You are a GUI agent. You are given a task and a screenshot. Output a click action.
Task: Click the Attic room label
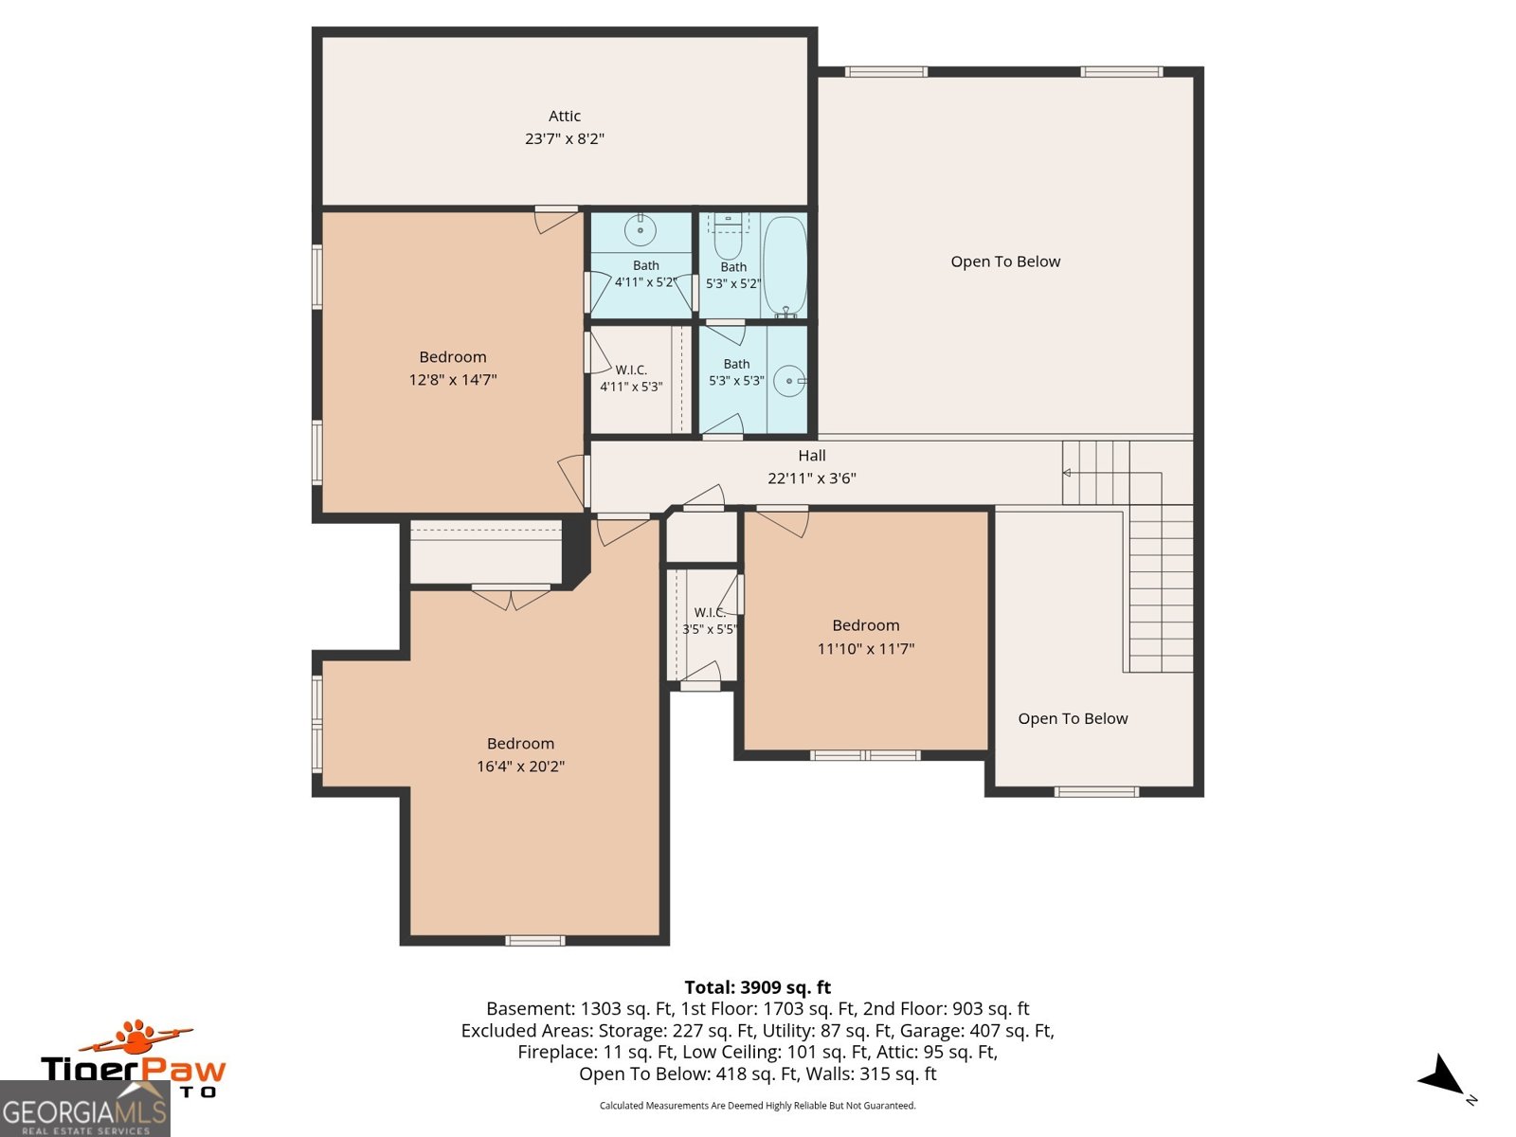[565, 116]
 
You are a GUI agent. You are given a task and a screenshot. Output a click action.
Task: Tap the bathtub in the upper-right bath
[785, 266]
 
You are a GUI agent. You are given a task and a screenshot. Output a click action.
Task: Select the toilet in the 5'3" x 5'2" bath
[728, 236]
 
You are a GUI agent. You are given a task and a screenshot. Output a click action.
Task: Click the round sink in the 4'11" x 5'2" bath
[641, 229]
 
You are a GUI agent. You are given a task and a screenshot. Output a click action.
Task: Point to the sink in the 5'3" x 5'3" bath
[789, 380]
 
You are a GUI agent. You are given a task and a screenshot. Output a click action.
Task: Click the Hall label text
[811, 456]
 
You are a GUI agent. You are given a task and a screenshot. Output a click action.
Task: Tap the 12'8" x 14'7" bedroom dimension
[452, 380]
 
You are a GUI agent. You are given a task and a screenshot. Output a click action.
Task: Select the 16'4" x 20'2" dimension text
[520, 767]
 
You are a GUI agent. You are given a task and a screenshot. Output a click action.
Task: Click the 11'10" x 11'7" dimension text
[865, 649]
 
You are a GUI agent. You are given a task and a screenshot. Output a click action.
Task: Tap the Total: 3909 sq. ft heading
[758, 987]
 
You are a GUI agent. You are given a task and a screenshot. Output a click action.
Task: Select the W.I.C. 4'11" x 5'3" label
[631, 378]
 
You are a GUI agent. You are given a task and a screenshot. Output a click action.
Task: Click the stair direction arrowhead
[1066, 473]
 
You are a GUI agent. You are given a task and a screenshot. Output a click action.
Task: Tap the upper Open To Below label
[1005, 262]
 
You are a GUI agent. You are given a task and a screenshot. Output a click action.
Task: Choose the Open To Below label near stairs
[1073, 718]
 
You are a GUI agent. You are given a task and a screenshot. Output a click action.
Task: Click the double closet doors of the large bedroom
[511, 598]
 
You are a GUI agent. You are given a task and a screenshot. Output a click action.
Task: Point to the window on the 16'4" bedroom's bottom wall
[535, 940]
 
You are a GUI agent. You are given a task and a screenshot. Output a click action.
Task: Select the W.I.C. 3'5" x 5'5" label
[710, 621]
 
